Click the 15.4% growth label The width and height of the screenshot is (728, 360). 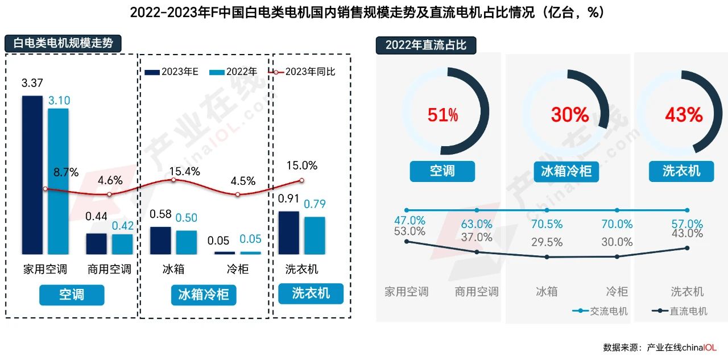click(184, 171)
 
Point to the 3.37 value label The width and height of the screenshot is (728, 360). click(32, 84)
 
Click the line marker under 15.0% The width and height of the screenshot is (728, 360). click(302, 180)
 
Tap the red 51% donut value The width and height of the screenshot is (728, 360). click(442, 115)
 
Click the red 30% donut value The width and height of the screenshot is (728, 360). click(570, 115)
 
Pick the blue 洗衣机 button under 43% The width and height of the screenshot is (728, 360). click(681, 171)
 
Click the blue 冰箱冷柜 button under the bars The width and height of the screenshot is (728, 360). click(203, 295)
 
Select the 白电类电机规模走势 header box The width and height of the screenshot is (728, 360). click(63, 44)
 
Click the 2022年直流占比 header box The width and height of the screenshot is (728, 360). click(425, 45)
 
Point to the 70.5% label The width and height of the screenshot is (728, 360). click(547, 225)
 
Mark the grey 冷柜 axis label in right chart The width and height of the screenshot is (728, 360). click(617, 292)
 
